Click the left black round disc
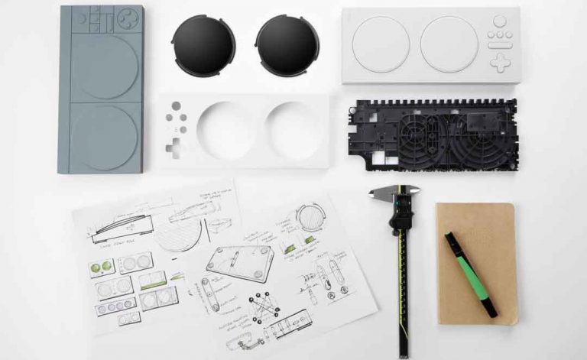[203, 44]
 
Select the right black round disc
[287, 44]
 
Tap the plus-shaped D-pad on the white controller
[500, 63]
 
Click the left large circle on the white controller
[381, 45]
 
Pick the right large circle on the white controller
[449, 45]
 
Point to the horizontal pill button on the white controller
[500, 47]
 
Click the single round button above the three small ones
[500, 21]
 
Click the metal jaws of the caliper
[394, 194]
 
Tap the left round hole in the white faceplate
[227, 130]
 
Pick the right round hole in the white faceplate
[293, 130]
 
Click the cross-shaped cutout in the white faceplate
[174, 146]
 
